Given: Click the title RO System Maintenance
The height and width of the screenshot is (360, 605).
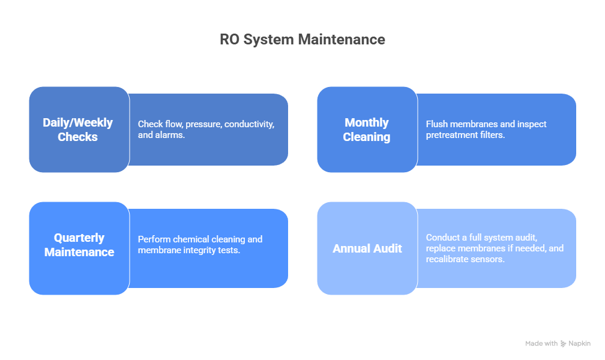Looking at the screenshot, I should click(x=302, y=40).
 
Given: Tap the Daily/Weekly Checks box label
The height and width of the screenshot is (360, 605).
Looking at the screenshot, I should click(x=77, y=130).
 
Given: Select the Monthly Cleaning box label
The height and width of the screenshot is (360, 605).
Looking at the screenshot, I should click(x=366, y=130).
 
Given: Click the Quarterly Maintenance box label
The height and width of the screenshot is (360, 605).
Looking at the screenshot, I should click(x=79, y=245).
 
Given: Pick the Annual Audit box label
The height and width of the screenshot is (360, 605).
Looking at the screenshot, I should click(x=367, y=248).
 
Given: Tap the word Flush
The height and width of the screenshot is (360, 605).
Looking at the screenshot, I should click(x=438, y=124).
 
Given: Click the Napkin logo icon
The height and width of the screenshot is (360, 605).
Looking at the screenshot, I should click(x=563, y=344).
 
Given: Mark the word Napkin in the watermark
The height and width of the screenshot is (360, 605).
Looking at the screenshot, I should click(x=579, y=344).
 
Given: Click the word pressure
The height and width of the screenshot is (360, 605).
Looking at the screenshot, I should click(x=203, y=124).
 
